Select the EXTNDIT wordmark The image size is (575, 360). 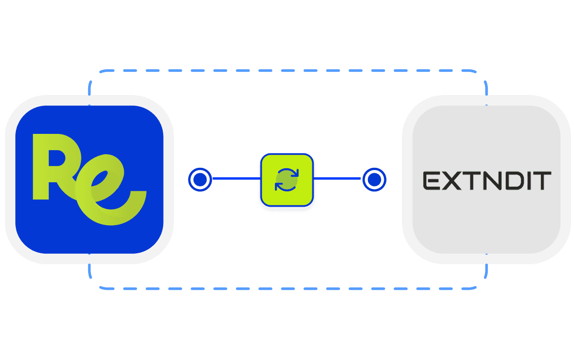[x=487, y=180]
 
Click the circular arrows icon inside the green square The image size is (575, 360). [x=287, y=180]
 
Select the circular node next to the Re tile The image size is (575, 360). [x=199, y=180]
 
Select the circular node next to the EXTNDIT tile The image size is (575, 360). [x=374, y=180]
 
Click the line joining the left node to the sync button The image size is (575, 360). [x=235, y=179]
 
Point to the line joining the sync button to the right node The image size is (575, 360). [x=337, y=179]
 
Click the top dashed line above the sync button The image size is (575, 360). [x=287, y=71]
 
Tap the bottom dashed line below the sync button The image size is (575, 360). [x=287, y=288]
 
